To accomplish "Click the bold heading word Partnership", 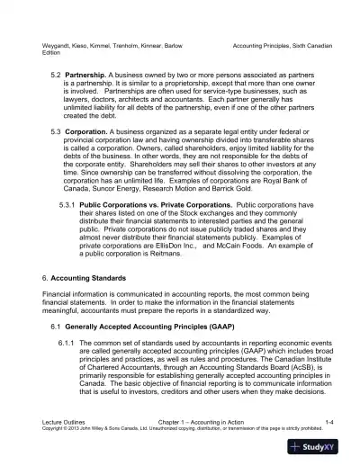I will (x=92, y=74).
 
